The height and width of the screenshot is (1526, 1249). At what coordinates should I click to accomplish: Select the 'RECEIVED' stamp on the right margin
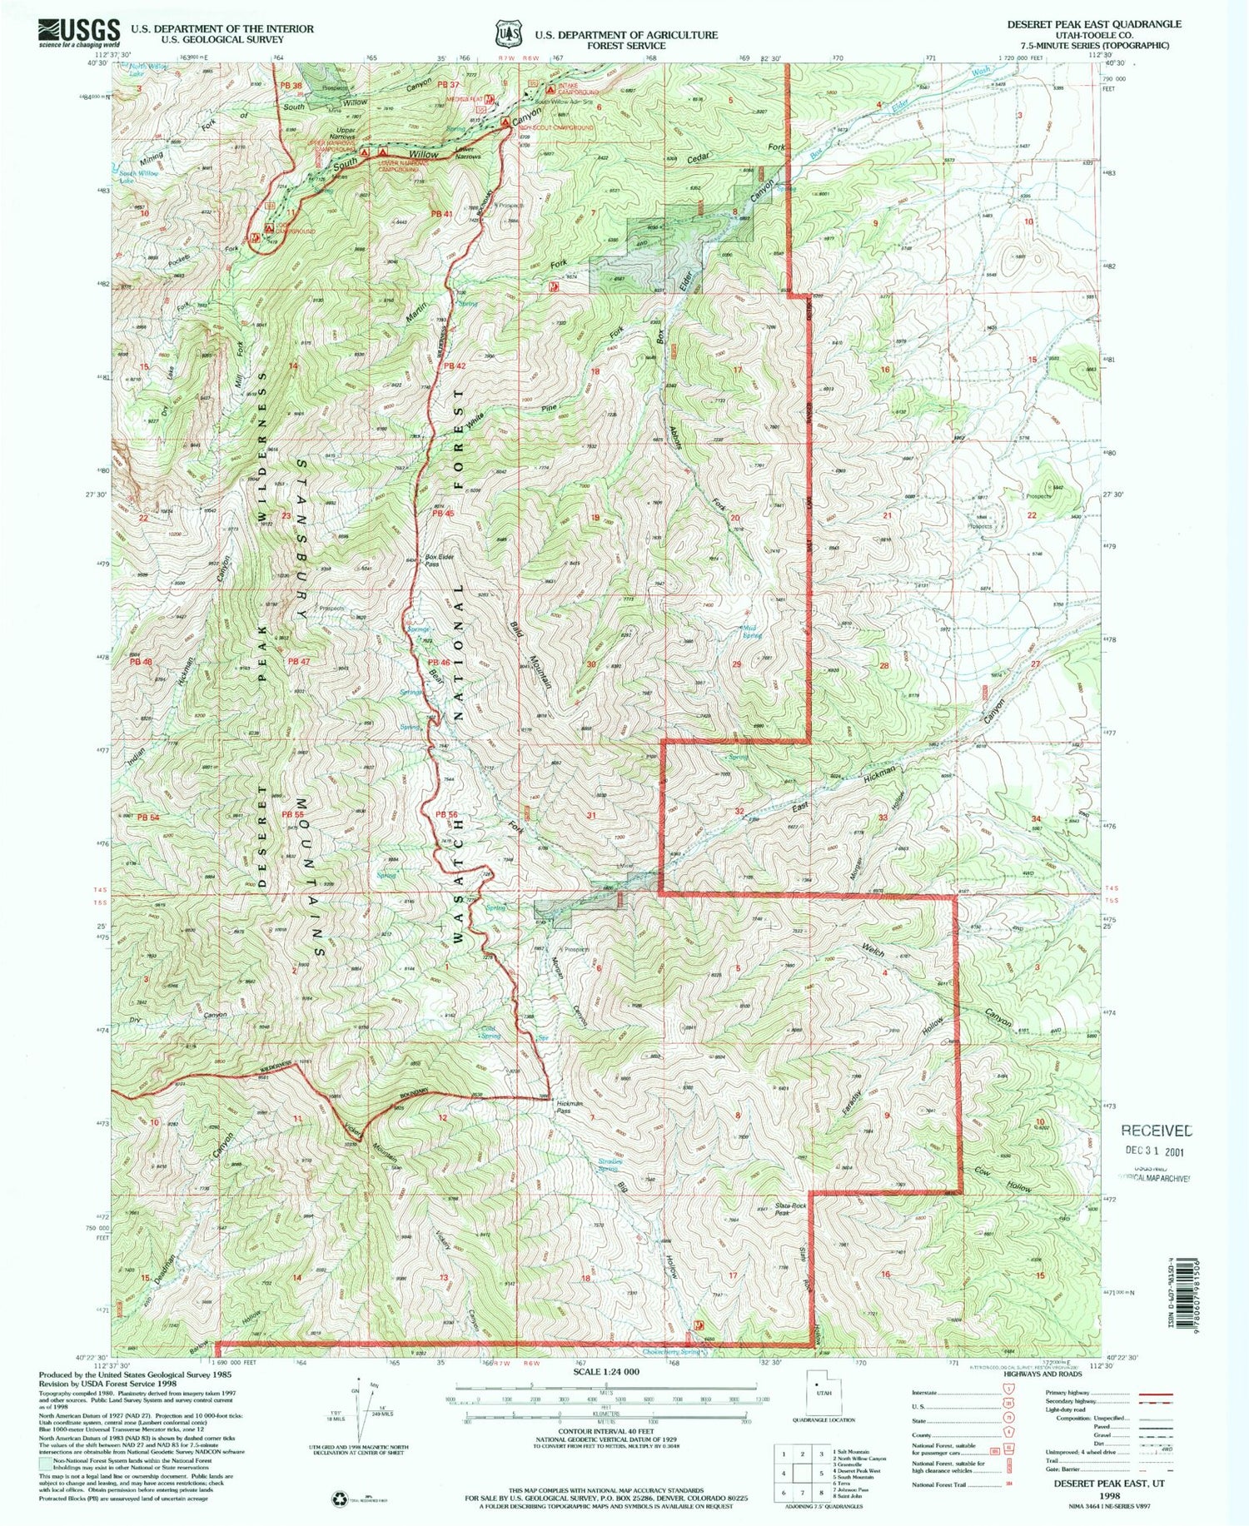pyautogui.click(x=1156, y=1131)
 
